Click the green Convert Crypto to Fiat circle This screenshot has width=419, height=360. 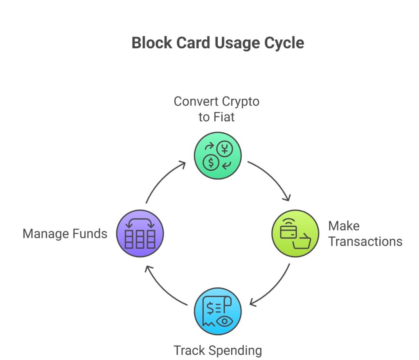(217, 155)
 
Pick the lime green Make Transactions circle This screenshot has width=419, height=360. (295, 234)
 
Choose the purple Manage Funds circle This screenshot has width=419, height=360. (140, 234)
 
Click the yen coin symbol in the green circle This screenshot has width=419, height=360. (225, 149)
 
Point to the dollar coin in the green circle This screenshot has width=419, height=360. (211, 163)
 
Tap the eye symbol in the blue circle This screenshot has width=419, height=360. (224, 321)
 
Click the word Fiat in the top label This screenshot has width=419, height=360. (225, 117)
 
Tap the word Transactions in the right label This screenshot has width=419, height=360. (365, 241)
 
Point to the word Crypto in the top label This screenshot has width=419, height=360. (241, 101)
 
